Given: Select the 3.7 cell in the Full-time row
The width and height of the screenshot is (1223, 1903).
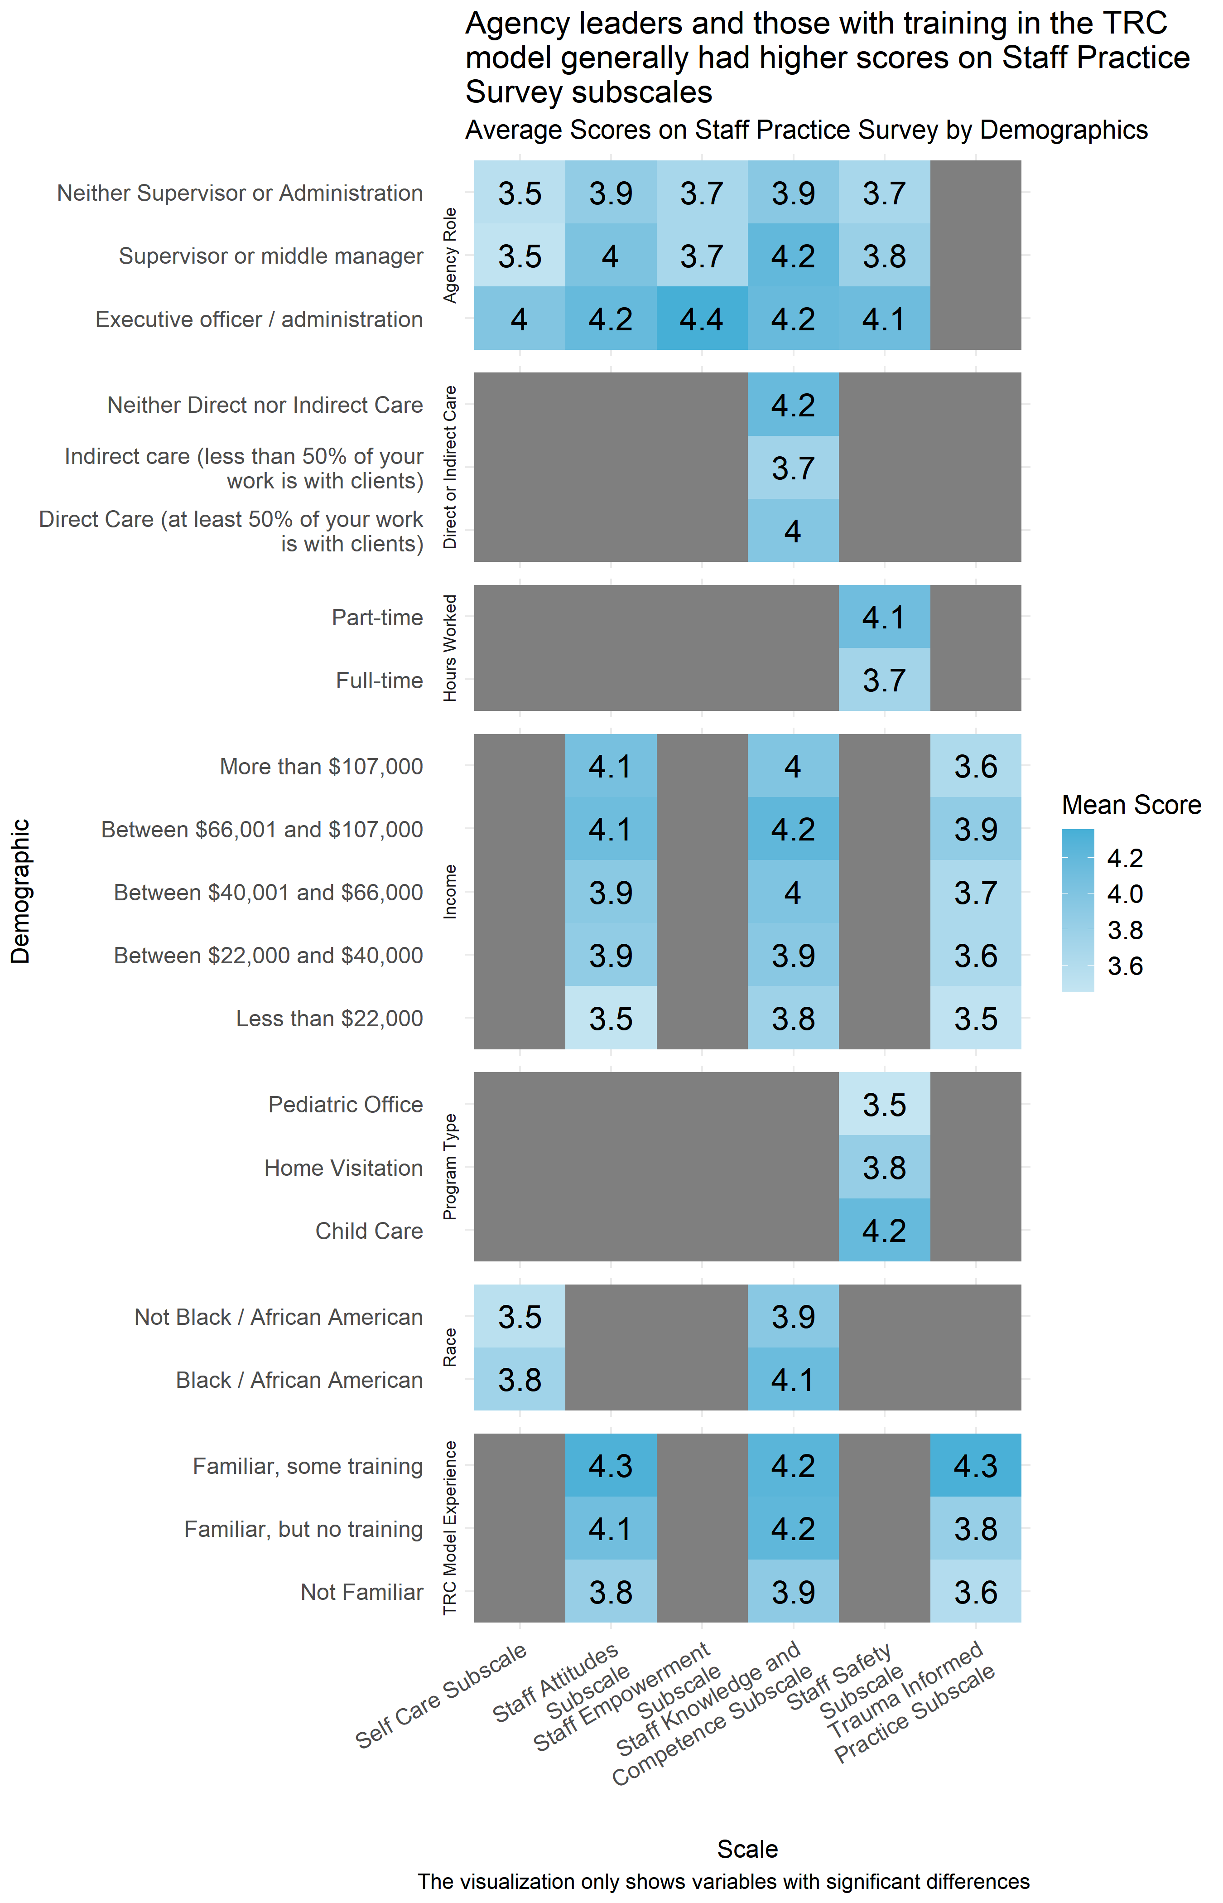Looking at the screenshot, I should point(884,681).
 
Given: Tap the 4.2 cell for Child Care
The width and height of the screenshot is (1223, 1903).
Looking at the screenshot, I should point(884,1230).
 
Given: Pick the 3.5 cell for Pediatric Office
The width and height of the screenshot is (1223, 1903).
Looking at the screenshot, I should point(884,1105).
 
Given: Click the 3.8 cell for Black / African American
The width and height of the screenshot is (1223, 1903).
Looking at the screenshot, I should point(520,1380).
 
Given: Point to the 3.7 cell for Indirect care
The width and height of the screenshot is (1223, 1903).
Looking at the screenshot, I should point(793,468).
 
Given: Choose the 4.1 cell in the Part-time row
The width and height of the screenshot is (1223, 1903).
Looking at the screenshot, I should point(884,617).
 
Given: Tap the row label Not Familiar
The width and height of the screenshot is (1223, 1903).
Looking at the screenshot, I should point(361,1592).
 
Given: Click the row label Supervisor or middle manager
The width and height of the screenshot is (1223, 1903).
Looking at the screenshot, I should point(271,256).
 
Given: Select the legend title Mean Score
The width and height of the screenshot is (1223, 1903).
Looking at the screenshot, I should point(1131,805).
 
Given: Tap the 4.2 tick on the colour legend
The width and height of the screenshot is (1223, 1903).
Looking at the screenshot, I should point(1125,858).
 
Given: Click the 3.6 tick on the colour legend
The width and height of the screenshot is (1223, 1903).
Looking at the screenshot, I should point(1125,966).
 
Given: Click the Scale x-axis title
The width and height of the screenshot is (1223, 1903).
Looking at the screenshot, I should point(747,1849).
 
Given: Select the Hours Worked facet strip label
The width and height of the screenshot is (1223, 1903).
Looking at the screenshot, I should point(450,648).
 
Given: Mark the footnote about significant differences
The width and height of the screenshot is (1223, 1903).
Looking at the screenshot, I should point(723,1882).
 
